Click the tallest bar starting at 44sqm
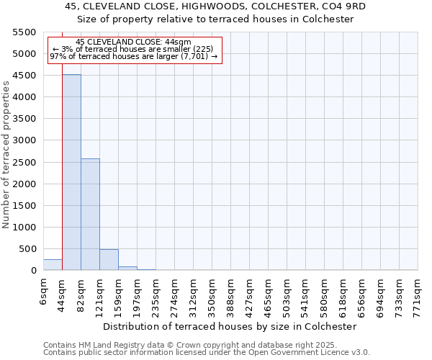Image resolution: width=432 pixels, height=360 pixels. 71,173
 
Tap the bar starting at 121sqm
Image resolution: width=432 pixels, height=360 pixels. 109,260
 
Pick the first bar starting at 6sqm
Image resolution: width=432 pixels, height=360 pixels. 53,265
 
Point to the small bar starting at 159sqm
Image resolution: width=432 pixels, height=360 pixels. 127,269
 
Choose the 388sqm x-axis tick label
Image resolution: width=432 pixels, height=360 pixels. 230,294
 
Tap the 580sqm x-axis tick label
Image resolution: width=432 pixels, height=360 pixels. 324,294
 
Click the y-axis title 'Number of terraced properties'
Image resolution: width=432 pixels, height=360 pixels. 6,155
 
